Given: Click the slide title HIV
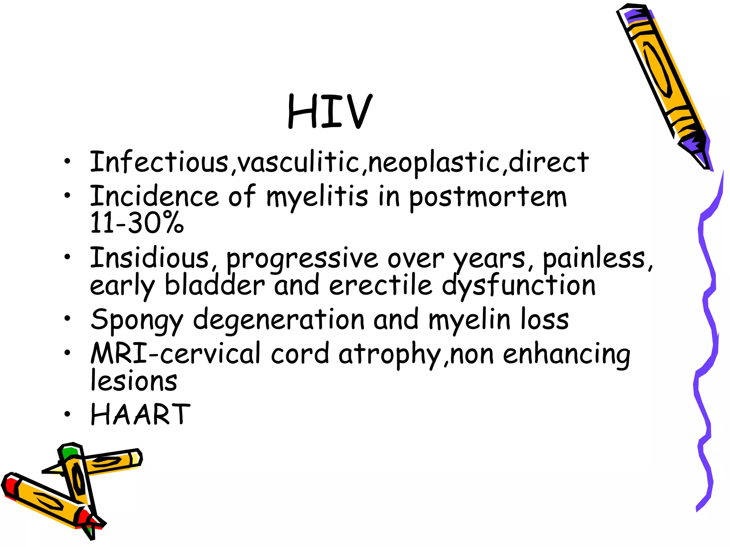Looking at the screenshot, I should (330, 111).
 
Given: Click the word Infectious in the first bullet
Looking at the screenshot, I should (159, 162).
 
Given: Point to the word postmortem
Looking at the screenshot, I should (487, 197).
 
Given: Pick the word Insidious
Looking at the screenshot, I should (149, 258).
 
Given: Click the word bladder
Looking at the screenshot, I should (215, 285).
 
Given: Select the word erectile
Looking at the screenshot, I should (380, 285).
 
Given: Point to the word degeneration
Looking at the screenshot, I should (279, 320).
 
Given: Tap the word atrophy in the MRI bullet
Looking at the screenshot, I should (390, 355).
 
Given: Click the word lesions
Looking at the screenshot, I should (134, 381).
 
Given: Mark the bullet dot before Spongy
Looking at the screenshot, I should (67, 318).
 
